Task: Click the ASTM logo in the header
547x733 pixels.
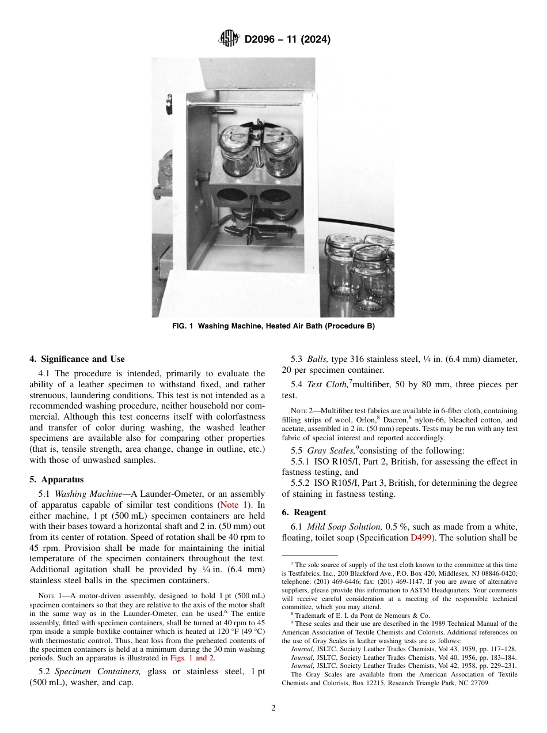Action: click(229, 39)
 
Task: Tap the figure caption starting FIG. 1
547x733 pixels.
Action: click(273, 326)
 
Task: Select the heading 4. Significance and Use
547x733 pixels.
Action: click(77, 359)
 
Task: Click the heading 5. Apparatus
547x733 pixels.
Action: click(56, 479)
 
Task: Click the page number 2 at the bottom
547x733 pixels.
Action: click(273, 708)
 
